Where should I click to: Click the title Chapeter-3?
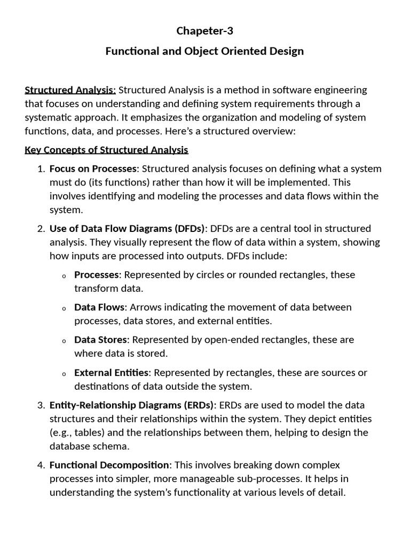point(204,31)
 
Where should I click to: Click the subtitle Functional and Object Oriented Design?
point(204,51)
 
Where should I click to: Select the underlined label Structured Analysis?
point(70,90)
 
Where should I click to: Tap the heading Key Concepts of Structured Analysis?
point(106,150)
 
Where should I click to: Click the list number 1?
point(41,169)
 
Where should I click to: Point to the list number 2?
point(41,229)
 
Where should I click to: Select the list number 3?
point(41,405)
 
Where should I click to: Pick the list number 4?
point(41,465)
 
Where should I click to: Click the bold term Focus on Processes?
point(93,169)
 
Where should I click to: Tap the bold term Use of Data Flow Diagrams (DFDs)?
point(127,229)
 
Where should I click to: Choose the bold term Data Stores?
point(101,340)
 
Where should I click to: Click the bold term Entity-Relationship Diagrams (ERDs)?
point(132,405)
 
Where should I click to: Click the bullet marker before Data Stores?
point(64,341)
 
